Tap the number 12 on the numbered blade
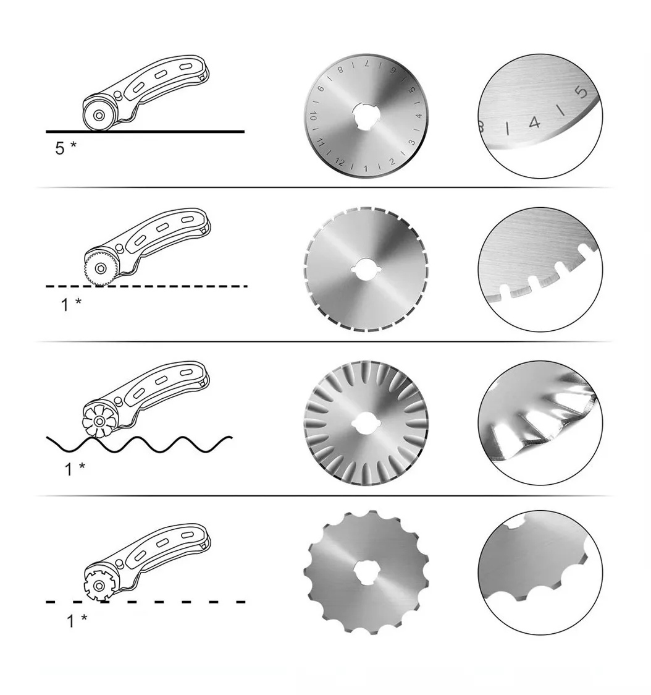[x=340, y=162]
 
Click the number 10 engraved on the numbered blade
[x=313, y=117]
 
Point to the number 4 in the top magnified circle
[x=535, y=122]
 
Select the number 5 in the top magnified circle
[x=581, y=92]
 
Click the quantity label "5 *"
[x=65, y=148]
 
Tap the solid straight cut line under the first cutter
[x=145, y=132]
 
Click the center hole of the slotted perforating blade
[x=366, y=268]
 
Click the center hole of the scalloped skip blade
[x=366, y=573]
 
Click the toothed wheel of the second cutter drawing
[x=100, y=268]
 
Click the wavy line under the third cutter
[x=139, y=444]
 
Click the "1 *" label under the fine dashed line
[x=71, y=304]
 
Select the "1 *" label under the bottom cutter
[x=77, y=621]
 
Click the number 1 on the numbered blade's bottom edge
[x=366, y=168]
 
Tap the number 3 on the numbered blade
[x=411, y=143]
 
